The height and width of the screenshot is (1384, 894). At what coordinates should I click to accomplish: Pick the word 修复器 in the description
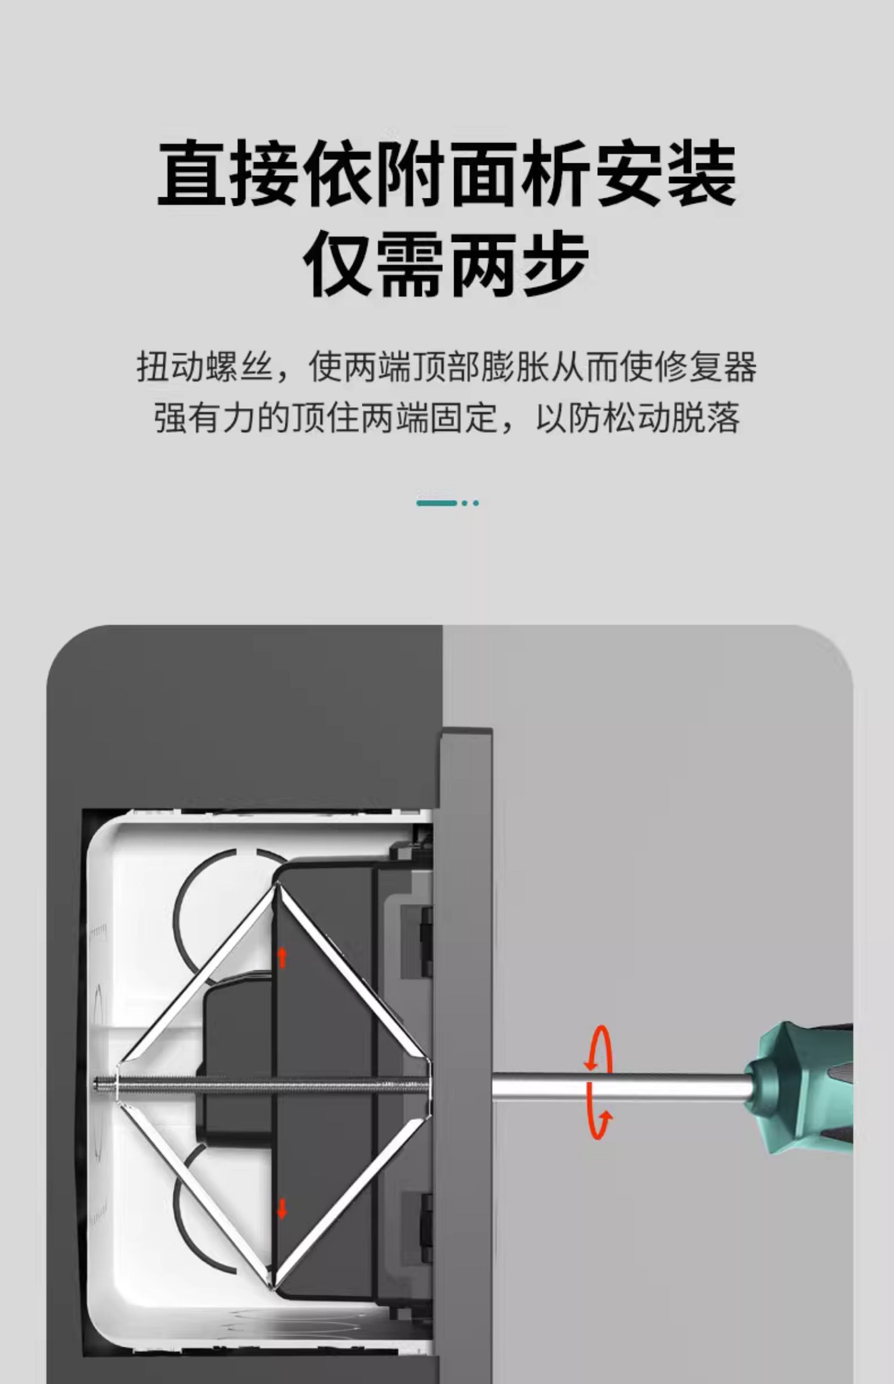coord(705,367)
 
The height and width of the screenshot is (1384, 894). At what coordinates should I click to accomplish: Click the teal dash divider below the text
coord(448,503)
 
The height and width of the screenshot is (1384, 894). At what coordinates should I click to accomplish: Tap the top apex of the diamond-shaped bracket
coord(275,885)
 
